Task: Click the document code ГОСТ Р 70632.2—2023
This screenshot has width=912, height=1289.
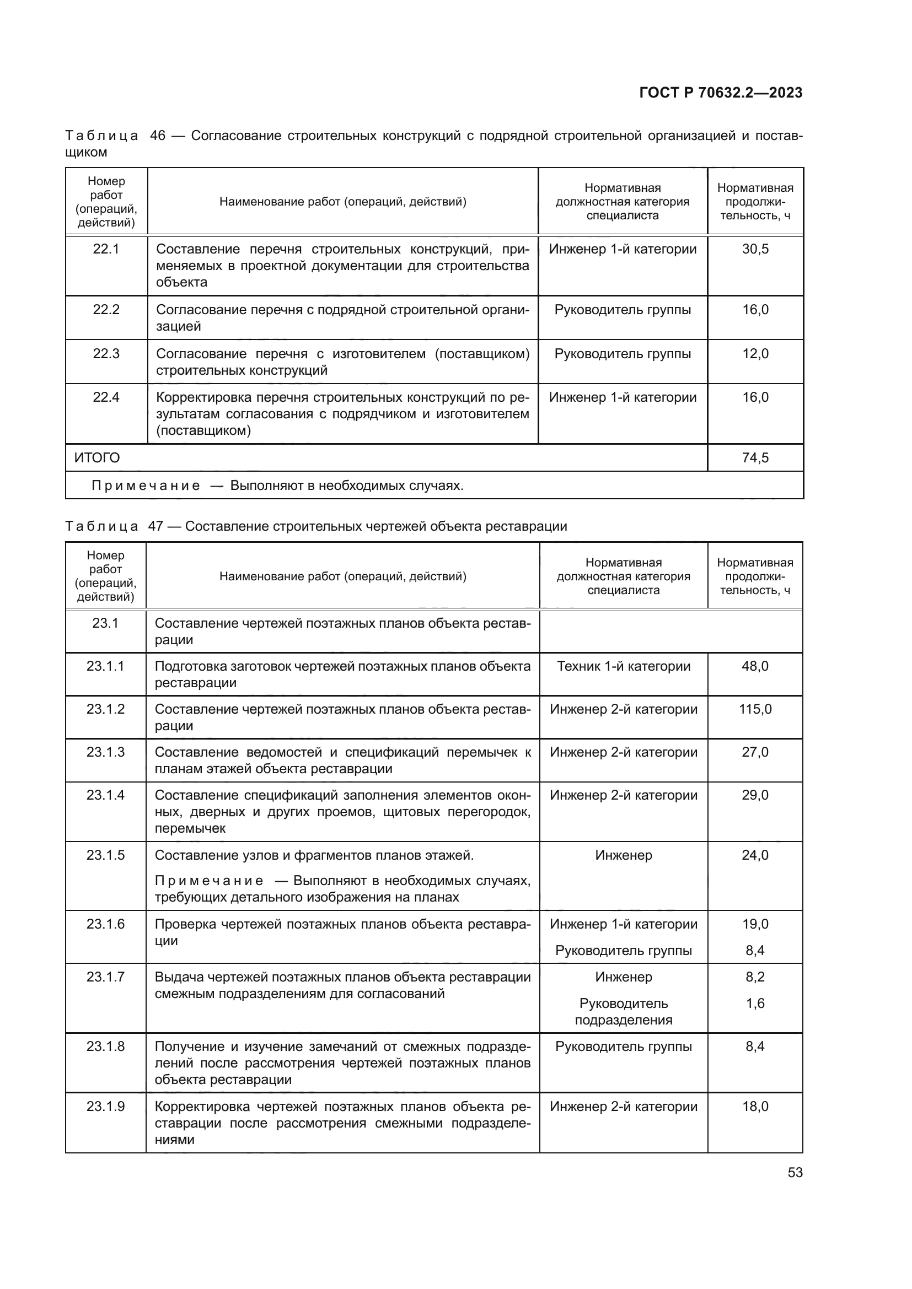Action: coord(721,93)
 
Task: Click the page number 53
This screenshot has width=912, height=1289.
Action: coord(795,1172)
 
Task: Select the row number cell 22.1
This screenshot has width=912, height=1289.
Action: coord(105,249)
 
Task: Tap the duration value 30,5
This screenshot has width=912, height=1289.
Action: coord(755,249)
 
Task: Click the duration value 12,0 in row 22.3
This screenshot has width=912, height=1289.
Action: coord(755,354)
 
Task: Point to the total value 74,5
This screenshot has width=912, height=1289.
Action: coord(755,457)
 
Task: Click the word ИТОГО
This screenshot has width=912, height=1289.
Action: coord(97,457)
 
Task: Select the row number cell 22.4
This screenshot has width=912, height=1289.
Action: coord(105,397)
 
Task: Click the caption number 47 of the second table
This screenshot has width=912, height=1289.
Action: coord(155,526)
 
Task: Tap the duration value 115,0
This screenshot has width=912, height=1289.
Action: coord(755,709)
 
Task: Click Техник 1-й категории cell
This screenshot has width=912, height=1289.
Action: coord(624,666)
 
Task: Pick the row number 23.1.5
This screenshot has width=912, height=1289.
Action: coord(105,855)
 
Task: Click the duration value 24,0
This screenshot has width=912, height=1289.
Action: coord(755,855)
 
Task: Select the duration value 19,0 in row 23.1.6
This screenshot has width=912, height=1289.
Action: coord(755,924)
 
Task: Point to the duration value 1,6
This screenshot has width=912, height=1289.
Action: coord(755,1003)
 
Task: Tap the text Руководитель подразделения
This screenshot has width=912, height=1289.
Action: coord(624,1012)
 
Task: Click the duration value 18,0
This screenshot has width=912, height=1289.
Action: coord(755,1107)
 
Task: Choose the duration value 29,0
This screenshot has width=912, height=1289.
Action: coord(755,795)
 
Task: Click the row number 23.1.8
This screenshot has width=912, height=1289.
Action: coord(105,1047)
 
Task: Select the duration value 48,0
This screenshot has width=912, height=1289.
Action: coord(755,666)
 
